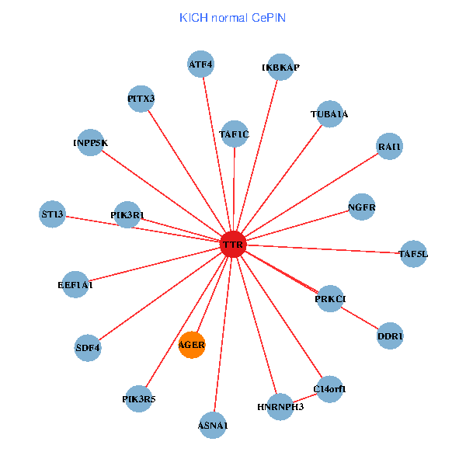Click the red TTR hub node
(x=233, y=245)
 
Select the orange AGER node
(x=192, y=344)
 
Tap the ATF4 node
(x=201, y=64)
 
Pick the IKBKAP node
(x=280, y=68)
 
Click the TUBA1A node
(x=329, y=115)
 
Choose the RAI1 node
(x=389, y=146)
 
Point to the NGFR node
(x=362, y=207)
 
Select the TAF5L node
(x=413, y=253)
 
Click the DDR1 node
(x=390, y=336)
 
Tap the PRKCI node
(x=330, y=299)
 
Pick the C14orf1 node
(x=329, y=388)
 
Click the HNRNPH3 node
(x=280, y=406)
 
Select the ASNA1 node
(x=213, y=425)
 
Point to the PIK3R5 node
(x=139, y=399)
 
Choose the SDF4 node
(x=89, y=347)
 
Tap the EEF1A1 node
(x=75, y=285)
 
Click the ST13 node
(x=53, y=214)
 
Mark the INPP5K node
(x=91, y=143)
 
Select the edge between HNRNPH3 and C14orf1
(x=304, y=398)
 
